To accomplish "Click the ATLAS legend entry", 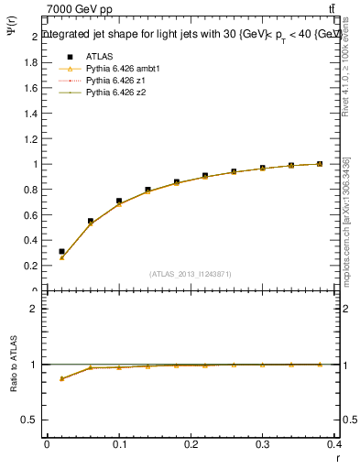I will click(x=100, y=56).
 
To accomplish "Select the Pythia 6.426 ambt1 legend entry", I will click(x=123, y=69).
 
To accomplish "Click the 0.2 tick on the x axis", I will click(x=191, y=445).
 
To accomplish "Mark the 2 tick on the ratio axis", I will click(x=35, y=309).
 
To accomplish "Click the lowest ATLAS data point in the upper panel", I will click(x=61, y=251).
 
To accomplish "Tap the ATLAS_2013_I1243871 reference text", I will click(x=191, y=275).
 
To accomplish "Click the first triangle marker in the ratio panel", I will click(x=61, y=378).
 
